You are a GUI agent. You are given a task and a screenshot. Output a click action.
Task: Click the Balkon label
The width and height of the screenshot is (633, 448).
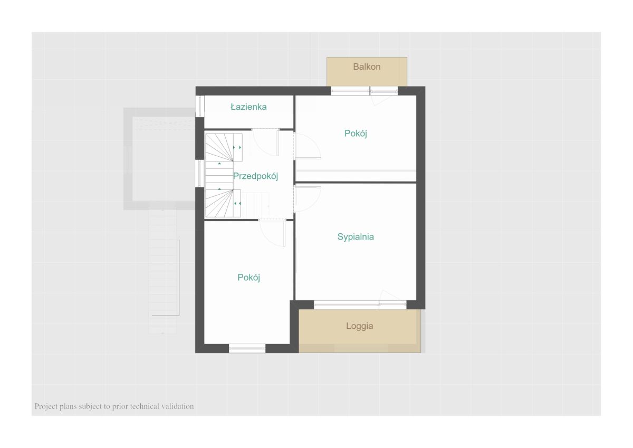(367, 66)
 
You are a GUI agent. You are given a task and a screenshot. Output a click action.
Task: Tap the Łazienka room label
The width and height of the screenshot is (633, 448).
(248, 107)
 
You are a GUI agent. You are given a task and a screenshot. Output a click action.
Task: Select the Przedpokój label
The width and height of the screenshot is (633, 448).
(255, 176)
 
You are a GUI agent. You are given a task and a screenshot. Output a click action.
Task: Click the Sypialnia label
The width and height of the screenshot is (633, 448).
(356, 237)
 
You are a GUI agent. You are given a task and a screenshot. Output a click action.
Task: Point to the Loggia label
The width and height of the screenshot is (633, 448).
(359, 326)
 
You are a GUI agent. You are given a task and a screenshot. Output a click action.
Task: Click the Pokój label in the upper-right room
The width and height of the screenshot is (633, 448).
(356, 134)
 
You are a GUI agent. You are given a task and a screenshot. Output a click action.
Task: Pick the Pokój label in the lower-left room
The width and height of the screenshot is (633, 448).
(248, 278)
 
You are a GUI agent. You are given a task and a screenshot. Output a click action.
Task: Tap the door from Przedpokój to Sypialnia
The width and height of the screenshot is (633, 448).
(307, 199)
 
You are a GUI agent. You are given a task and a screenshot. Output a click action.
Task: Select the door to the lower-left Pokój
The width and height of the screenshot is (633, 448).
(272, 233)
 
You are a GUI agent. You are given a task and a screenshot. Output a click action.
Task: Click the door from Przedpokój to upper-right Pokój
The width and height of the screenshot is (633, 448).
(307, 146)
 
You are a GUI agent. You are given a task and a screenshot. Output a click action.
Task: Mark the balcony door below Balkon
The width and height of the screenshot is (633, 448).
(384, 96)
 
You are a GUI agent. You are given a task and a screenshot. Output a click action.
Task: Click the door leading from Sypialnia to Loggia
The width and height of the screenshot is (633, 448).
(392, 300)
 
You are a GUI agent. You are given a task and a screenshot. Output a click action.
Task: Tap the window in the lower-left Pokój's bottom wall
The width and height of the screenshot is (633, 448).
(247, 348)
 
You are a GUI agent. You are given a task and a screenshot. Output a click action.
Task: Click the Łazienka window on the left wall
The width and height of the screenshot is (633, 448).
(200, 106)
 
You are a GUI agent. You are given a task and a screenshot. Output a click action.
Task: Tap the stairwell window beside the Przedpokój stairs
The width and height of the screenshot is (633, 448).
(200, 174)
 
